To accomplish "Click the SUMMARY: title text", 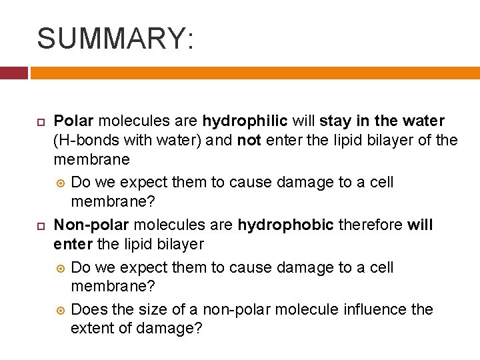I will (115, 38).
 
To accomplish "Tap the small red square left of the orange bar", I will (13, 73).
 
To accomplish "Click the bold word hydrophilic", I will (245, 121).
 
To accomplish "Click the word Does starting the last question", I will (87, 310).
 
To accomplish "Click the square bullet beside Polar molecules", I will (40, 122).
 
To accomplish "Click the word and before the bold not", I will (219, 141).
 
